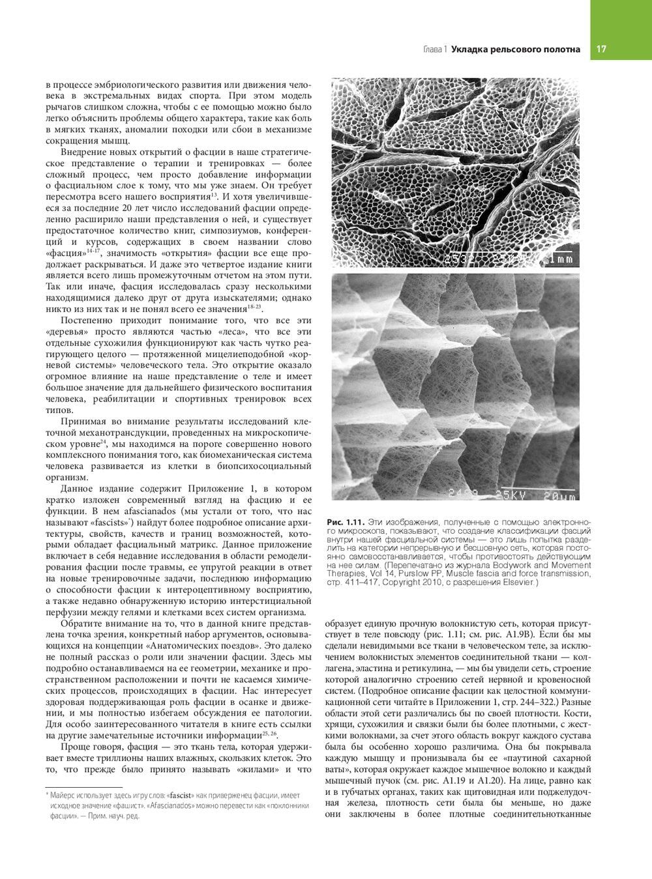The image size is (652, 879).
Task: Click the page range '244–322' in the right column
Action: coord(533,702)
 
